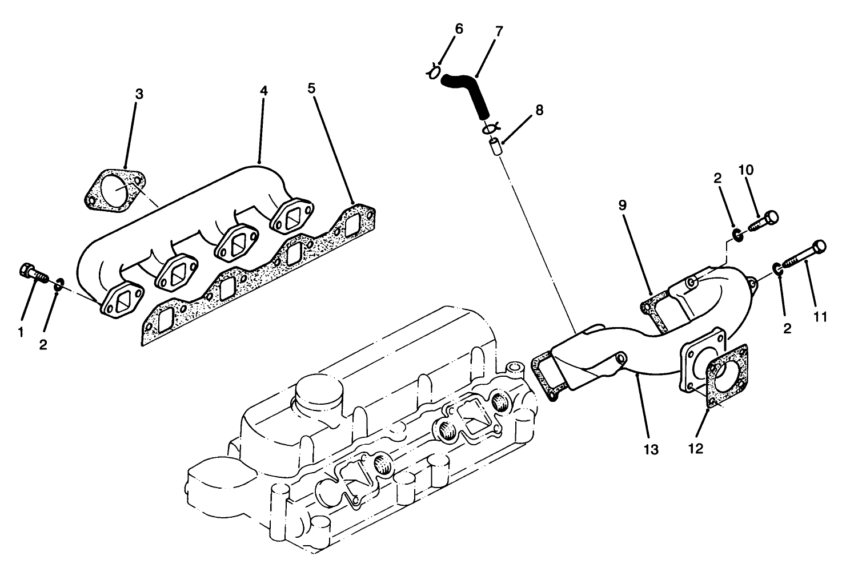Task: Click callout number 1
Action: tap(21, 331)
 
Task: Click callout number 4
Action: tap(263, 91)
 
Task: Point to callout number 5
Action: tap(311, 88)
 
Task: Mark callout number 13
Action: tap(651, 450)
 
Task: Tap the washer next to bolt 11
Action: tap(778, 268)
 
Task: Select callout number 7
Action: tap(499, 31)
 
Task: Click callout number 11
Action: tap(820, 317)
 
